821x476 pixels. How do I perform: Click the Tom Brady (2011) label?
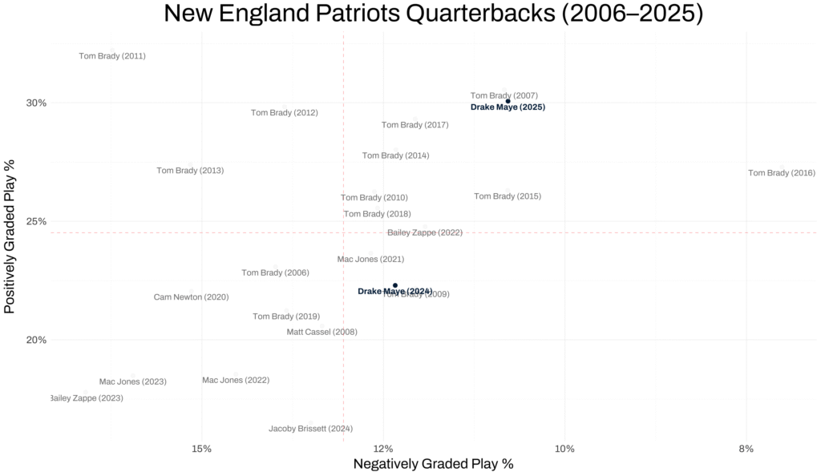pos(112,56)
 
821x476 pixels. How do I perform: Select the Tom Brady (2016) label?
pos(781,173)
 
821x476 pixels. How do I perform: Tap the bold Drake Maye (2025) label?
pos(508,107)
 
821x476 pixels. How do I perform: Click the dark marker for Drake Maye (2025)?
pos(508,101)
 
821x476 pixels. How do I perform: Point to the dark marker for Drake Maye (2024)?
pos(395,285)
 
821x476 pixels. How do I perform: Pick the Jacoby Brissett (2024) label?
pos(310,429)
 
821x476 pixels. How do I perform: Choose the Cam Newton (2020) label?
pos(191,297)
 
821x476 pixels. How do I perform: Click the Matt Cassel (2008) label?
pos(322,332)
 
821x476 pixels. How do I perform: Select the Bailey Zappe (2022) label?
pos(425,232)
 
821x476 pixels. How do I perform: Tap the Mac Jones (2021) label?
pos(370,260)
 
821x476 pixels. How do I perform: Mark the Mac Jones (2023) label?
pos(132,382)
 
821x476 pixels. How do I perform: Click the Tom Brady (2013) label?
pos(190,171)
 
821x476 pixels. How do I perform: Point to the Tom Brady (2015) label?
pos(508,196)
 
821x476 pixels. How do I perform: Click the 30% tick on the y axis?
pos(36,103)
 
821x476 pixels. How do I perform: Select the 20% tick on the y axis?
pos(36,340)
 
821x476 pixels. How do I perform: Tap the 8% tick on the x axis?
pos(746,449)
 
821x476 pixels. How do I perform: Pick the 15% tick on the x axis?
pos(202,449)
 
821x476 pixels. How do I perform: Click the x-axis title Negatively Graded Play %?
pos(433,464)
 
